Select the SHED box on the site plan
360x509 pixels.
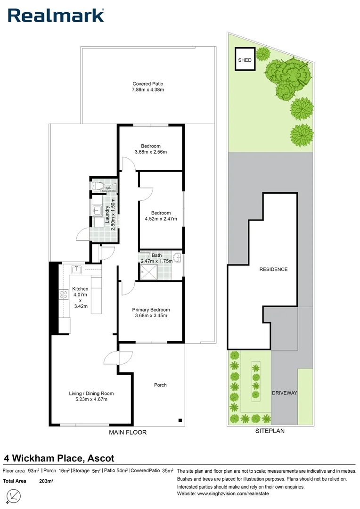pyautogui.click(x=245, y=60)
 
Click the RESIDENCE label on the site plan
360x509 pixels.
pyautogui.click(x=273, y=270)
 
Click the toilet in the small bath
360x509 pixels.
pyautogui.click(x=97, y=185)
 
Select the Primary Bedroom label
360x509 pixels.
pyautogui.click(x=151, y=310)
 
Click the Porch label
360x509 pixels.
pyautogui.click(x=160, y=385)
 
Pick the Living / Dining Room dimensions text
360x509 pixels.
pyautogui.click(x=91, y=400)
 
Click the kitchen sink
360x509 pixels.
pyautogui.click(x=76, y=270)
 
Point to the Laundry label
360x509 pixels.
pyautogui.click(x=108, y=213)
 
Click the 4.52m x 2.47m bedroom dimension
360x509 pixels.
pyautogui.click(x=161, y=219)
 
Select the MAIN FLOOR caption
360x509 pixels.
pyautogui.click(x=128, y=432)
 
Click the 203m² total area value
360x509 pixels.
pyautogui.click(x=46, y=481)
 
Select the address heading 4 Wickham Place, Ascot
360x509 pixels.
pyautogui.click(x=59, y=458)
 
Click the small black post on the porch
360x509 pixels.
pyautogui.click(x=180, y=420)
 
